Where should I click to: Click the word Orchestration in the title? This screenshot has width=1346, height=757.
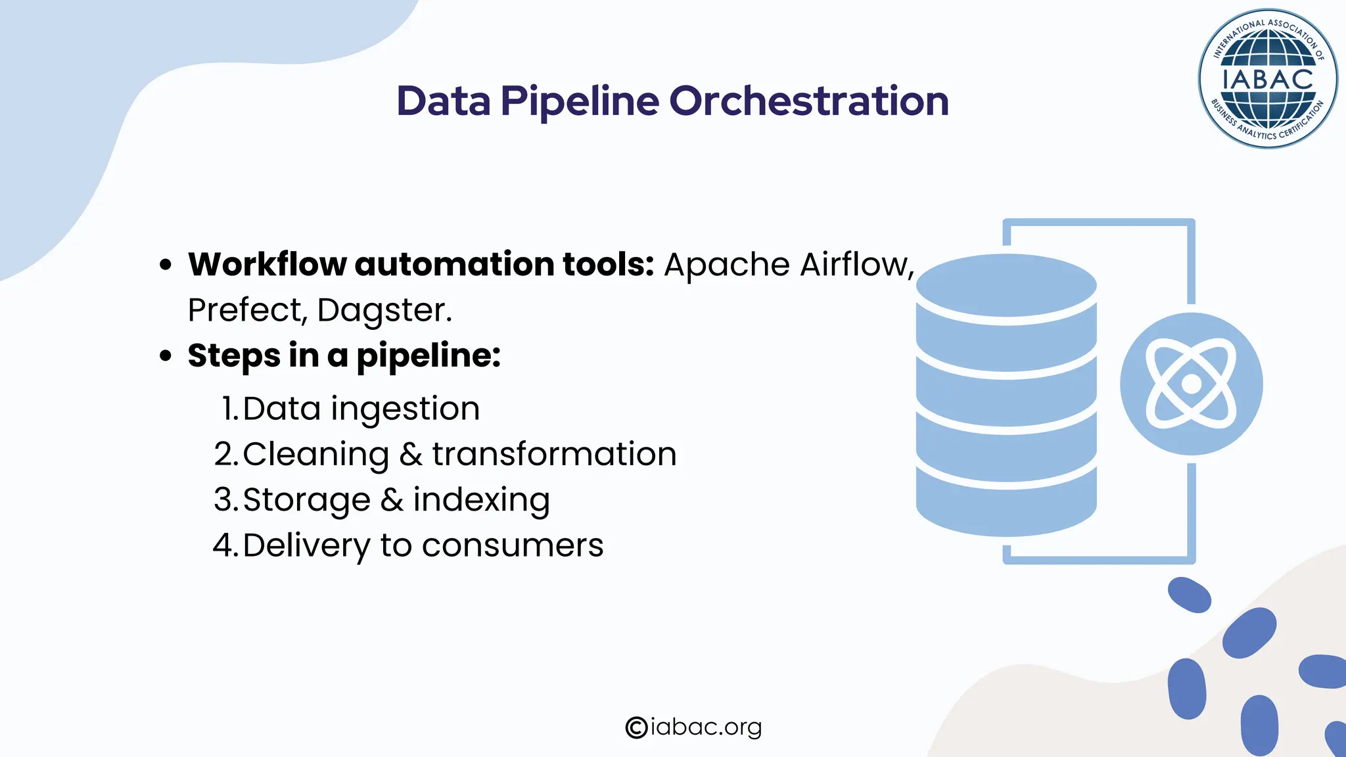pos(808,101)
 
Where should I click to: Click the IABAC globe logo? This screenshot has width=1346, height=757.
pos(1267,79)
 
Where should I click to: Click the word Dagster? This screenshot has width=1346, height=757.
pos(384,310)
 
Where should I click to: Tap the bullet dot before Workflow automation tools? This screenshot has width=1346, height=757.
pos(166,265)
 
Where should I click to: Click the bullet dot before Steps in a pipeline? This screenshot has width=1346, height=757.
pos(166,356)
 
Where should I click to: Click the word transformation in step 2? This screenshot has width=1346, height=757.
pos(554,454)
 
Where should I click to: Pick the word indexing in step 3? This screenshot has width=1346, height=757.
pos(481,501)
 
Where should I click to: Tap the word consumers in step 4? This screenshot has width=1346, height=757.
pos(512,545)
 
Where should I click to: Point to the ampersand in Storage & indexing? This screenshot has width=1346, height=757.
pos(392,500)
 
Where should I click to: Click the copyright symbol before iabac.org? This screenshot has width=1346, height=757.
pos(636,727)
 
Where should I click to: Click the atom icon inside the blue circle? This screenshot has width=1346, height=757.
pos(1191,384)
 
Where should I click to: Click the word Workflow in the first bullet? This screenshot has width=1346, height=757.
pos(267,264)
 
